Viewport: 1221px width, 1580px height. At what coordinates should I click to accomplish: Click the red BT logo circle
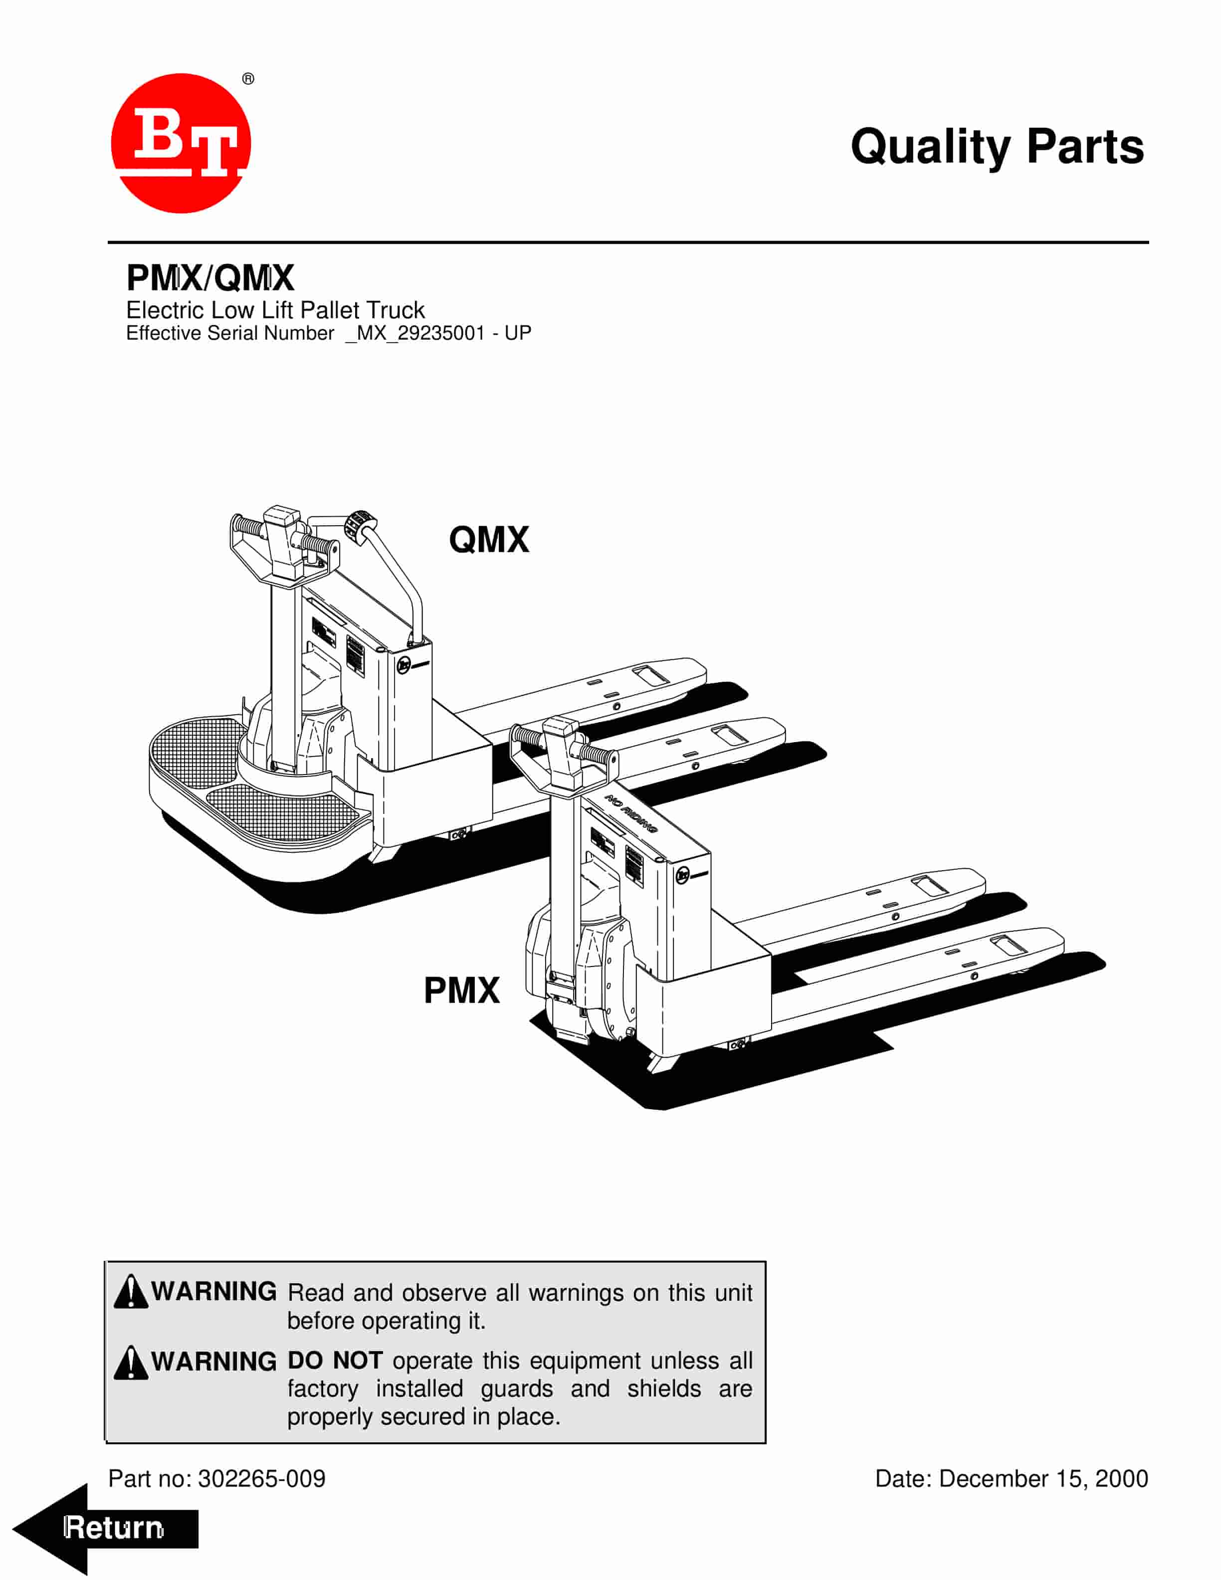pyautogui.click(x=181, y=143)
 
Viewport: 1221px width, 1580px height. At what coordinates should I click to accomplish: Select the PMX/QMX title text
pyautogui.click(x=210, y=278)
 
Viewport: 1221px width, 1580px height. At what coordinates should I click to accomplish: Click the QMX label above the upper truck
pyautogui.click(x=489, y=540)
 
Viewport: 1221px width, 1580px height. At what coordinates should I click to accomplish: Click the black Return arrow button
pyautogui.click(x=106, y=1529)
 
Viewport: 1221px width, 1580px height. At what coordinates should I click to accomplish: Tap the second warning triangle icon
pyautogui.click(x=131, y=1362)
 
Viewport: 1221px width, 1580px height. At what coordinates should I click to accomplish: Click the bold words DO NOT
pyautogui.click(x=335, y=1361)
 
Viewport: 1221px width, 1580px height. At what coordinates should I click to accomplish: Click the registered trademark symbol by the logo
pyautogui.click(x=248, y=79)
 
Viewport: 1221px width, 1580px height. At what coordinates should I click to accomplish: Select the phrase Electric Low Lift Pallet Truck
pyautogui.click(x=276, y=310)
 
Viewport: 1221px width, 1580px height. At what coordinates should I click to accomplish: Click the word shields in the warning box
pyautogui.click(x=664, y=1389)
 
